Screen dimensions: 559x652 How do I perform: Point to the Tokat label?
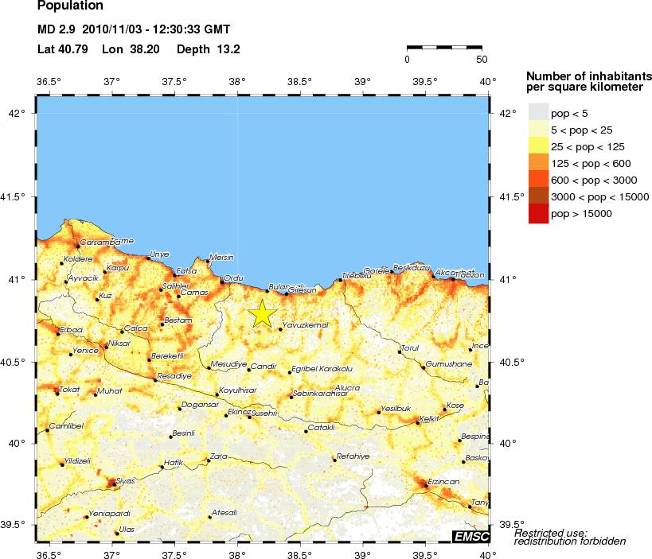coord(70,389)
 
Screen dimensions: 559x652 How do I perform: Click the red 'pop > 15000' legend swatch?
coord(539,214)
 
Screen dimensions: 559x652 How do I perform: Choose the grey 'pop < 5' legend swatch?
coord(539,113)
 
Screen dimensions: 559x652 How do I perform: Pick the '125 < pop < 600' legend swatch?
coord(539,163)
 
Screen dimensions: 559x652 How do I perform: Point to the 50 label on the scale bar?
coord(482,60)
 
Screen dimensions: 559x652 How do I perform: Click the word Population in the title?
coord(70,6)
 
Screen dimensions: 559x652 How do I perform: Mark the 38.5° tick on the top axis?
coord(299,81)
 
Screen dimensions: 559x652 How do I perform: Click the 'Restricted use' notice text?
coord(551,532)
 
